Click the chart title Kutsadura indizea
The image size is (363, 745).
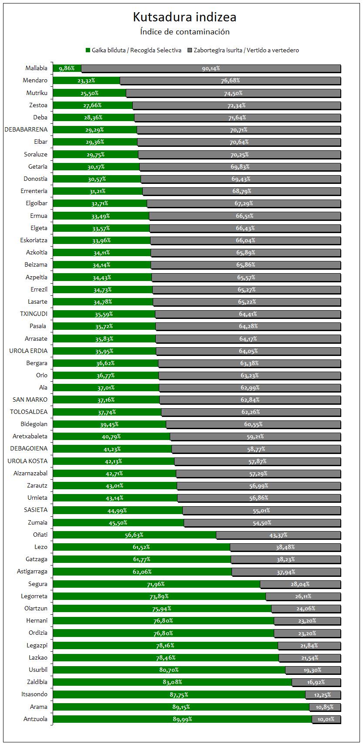185,17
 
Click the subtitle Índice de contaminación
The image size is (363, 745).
185,32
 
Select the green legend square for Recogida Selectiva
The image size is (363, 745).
88,50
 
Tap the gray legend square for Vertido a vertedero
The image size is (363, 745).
190,50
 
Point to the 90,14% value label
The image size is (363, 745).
211,68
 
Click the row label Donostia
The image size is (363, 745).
36,179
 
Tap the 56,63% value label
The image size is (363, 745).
134,535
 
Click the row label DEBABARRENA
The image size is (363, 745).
26,129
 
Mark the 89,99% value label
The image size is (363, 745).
182,719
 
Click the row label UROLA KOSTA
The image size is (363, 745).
28,461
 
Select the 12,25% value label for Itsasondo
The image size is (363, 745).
323,695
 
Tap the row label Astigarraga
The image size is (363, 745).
32,572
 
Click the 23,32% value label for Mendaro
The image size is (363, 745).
86,81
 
